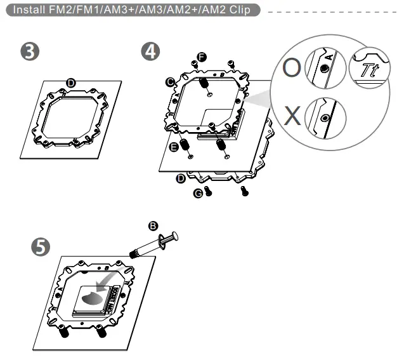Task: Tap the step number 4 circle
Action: click(x=150, y=52)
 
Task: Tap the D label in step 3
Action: click(x=71, y=83)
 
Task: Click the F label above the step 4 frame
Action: click(x=202, y=57)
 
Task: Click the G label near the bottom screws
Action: click(x=198, y=192)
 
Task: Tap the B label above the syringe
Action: click(x=152, y=225)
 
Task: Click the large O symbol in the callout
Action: click(x=291, y=68)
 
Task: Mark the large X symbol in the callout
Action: click(x=291, y=116)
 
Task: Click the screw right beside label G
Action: click(x=210, y=189)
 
